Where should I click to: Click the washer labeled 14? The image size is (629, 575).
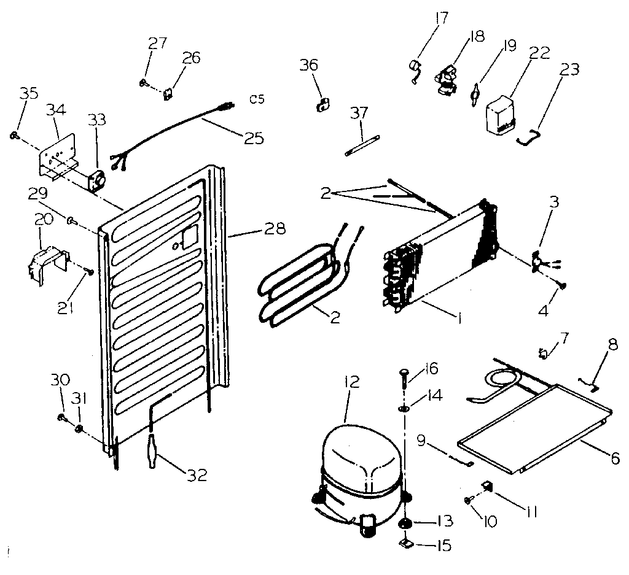(x=405, y=409)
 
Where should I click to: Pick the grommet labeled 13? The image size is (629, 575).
(x=405, y=522)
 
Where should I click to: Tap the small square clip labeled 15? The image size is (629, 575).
(x=405, y=543)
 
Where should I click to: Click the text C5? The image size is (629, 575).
(x=257, y=99)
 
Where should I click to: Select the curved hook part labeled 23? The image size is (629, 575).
(x=528, y=137)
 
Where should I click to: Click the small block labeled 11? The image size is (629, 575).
(x=489, y=487)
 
